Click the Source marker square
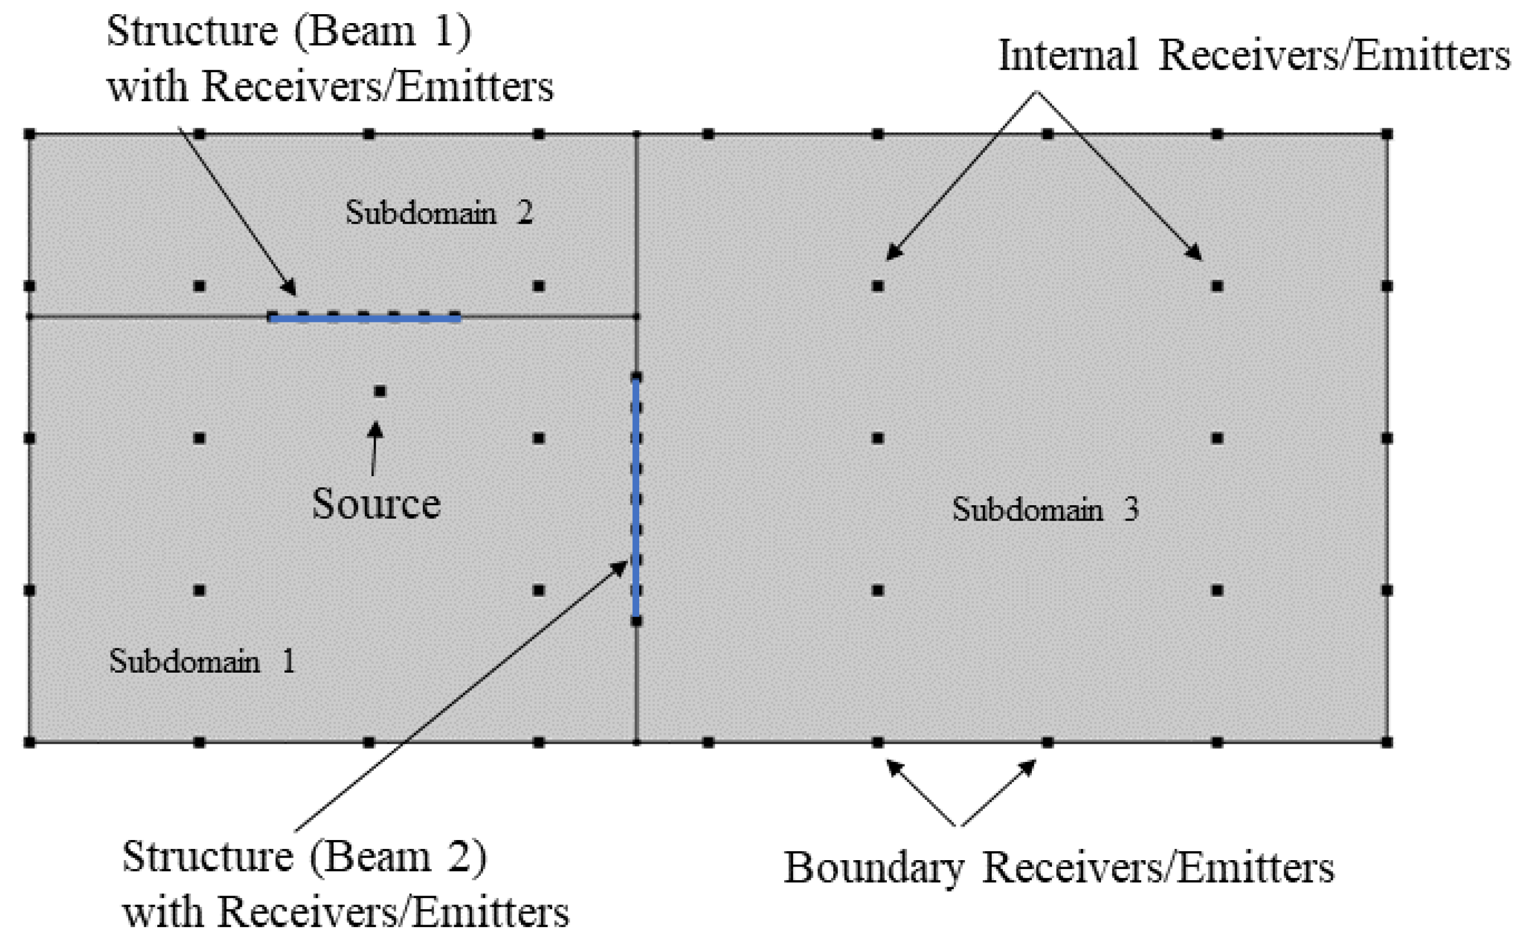[x=380, y=391]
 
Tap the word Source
[x=376, y=503]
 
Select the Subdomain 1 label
[x=202, y=661]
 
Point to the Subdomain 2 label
[x=439, y=212]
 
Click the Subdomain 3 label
[x=1045, y=509]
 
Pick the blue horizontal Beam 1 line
[x=365, y=319]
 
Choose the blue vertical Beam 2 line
[x=636, y=498]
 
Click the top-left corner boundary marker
[x=29, y=134]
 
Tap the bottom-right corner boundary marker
[x=1387, y=742]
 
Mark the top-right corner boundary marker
[x=1387, y=134]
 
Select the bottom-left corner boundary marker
[x=29, y=742]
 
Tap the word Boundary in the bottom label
[x=874, y=867]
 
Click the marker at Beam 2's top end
[x=636, y=377]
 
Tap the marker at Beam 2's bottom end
[x=636, y=621]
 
